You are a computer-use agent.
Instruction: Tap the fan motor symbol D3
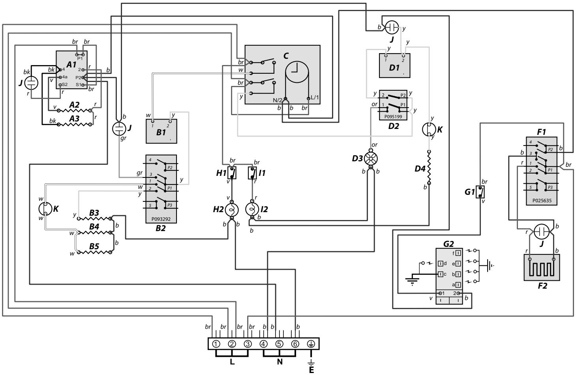371,158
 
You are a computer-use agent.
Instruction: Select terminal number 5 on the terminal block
280,343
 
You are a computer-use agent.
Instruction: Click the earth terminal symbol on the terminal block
311,343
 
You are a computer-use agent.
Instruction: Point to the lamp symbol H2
231,209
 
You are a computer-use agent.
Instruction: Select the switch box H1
232,173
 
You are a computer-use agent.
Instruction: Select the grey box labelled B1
161,130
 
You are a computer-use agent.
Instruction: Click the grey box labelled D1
394,65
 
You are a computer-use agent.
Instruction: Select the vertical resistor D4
430,168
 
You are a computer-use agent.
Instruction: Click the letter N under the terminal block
280,362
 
